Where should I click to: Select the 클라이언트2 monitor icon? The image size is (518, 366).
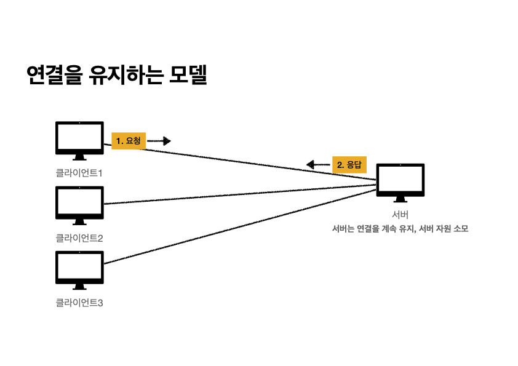tap(79, 202)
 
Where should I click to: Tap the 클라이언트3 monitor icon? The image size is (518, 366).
tap(79, 267)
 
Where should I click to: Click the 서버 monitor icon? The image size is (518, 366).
tap(400, 180)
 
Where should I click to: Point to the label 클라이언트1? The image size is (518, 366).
tap(79, 173)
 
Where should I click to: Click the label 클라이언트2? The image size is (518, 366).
tap(79, 237)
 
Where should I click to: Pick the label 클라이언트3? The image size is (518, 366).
tap(79, 302)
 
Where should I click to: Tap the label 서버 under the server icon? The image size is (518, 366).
tap(400, 215)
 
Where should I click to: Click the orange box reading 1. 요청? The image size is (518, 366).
tap(129, 141)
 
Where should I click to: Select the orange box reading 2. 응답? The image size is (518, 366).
tap(349, 165)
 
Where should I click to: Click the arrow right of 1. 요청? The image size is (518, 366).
tap(159, 141)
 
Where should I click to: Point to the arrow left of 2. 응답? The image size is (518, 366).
tap(318, 164)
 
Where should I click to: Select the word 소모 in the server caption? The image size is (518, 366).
tap(460, 229)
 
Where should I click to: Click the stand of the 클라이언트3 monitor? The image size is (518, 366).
tap(79, 286)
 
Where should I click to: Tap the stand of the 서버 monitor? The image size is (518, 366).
tap(400, 199)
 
